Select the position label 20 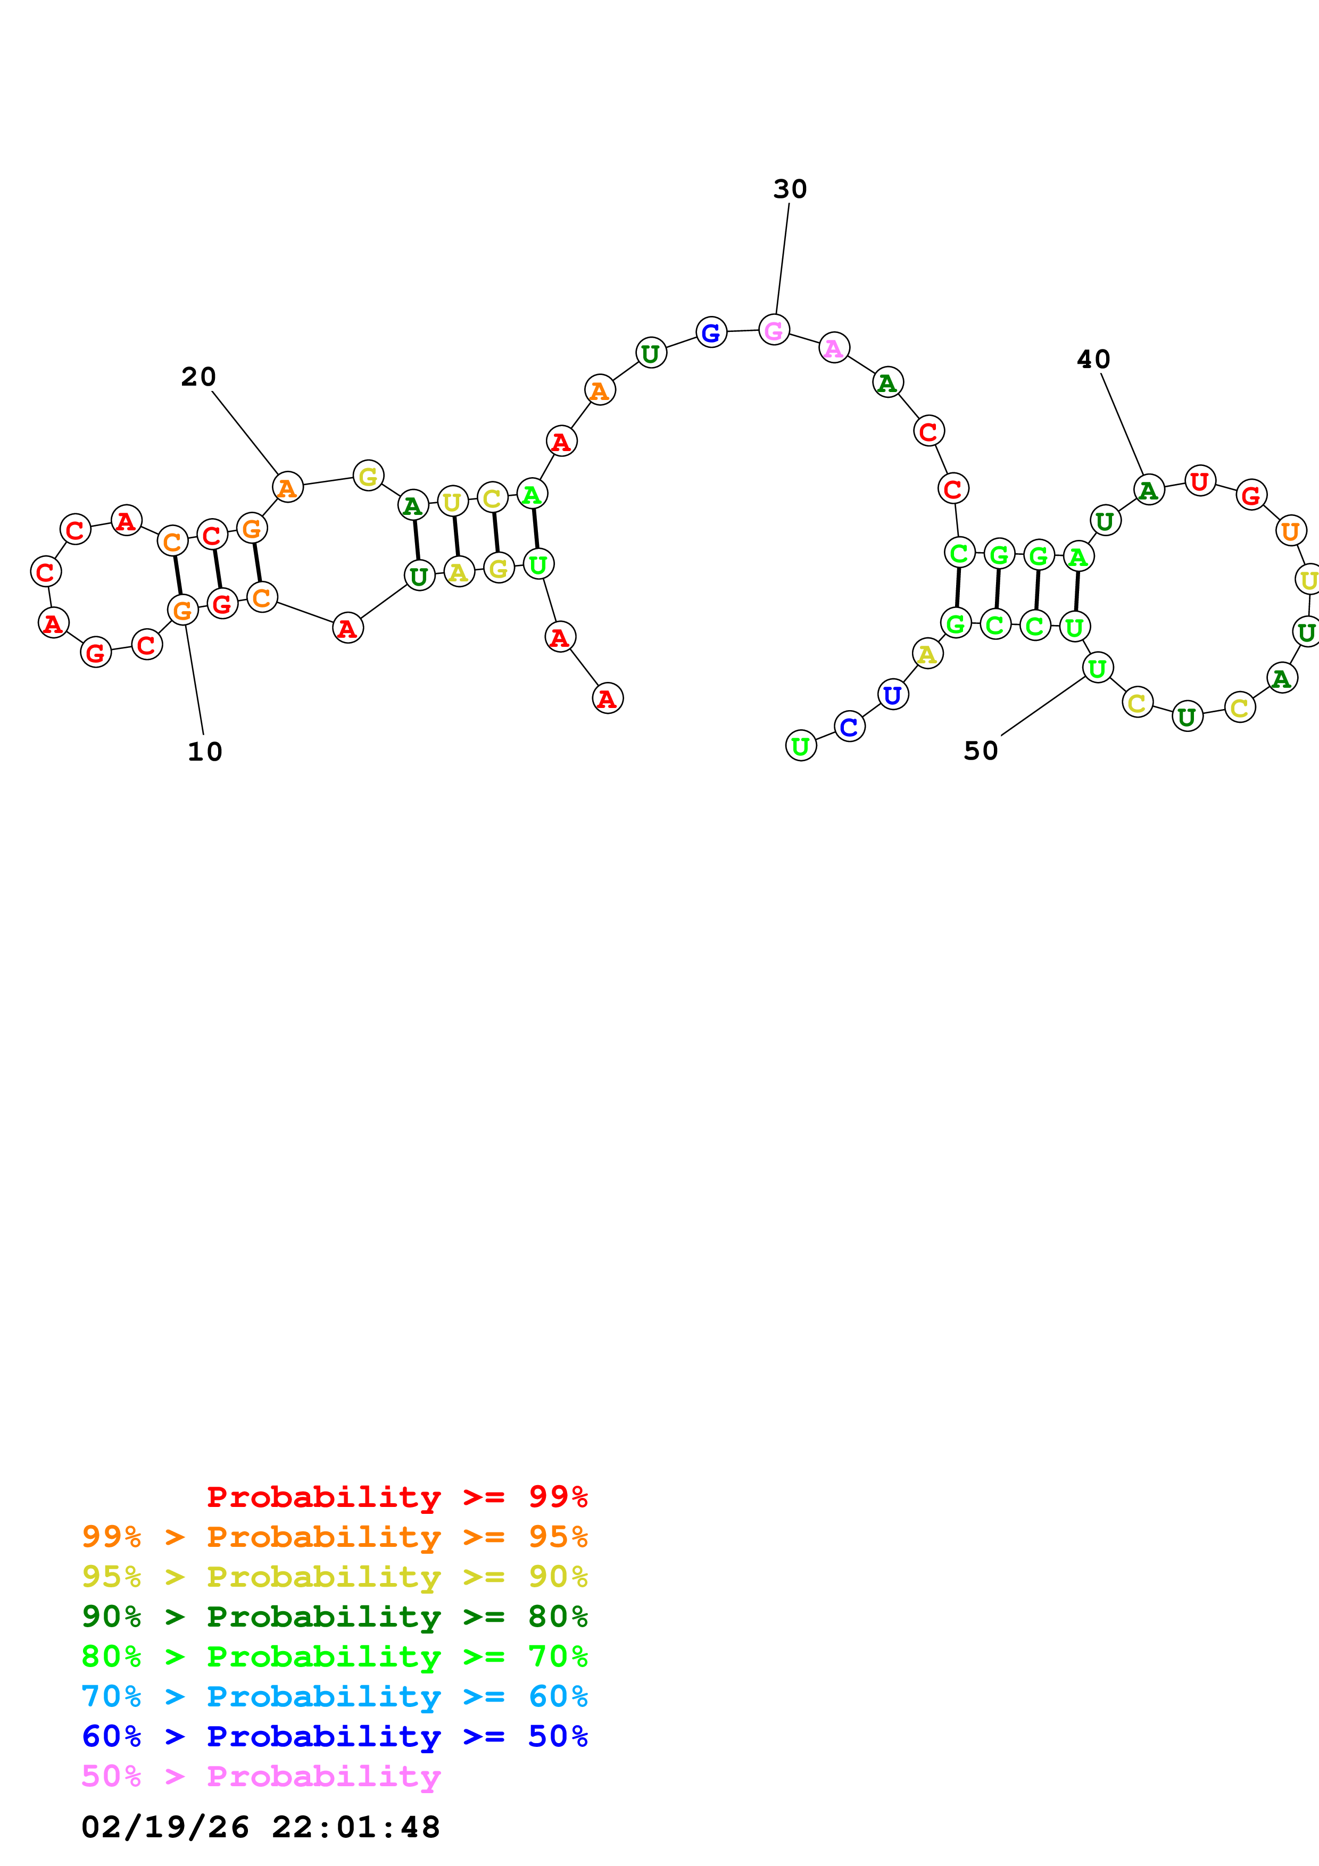pyautogui.click(x=198, y=377)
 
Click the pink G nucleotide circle pyautogui.click(x=774, y=330)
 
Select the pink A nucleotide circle pyautogui.click(x=834, y=348)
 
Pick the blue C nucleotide pyautogui.click(x=849, y=727)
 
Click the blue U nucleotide pyautogui.click(x=892, y=695)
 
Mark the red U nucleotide pyautogui.click(x=1199, y=481)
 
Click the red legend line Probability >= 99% pyautogui.click(x=396, y=1496)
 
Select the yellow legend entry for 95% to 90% pyautogui.click(x=334, y=1577)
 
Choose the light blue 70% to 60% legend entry pyautogui.click(x=334, y=1696)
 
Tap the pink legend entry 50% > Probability pyautogui.click(x=261, y=1776)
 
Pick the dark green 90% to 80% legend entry pyautogui.click(x=334, y=1617)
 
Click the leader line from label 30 pyautogui.click(x=782, y=259)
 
